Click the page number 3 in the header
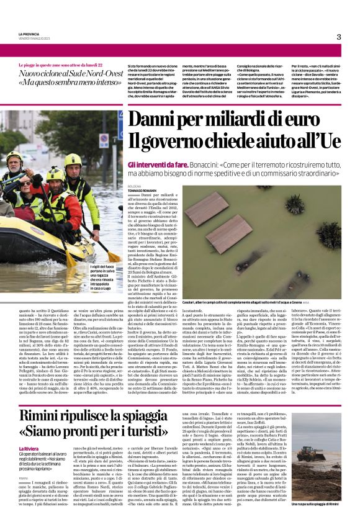tap(339, 37)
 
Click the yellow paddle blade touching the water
tap(113, 256)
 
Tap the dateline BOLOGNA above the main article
tap(135, 186)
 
